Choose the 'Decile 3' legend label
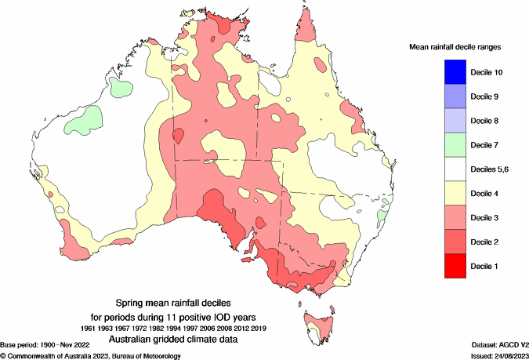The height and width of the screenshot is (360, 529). (487, 217)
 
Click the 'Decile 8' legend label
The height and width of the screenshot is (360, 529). (487, 121)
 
